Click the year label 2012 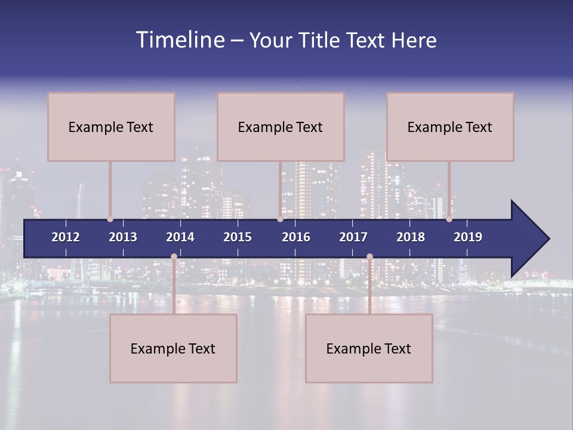66,237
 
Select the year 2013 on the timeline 123,237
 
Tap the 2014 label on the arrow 180,237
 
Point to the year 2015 238,237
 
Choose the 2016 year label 296,237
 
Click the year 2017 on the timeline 353,237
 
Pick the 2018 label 411,237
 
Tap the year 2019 468,237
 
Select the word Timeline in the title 180,40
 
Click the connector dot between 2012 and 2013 110,219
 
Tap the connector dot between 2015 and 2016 280,219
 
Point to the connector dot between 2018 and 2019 449,219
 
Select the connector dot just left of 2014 174,256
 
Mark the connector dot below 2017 369,256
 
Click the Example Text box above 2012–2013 111,127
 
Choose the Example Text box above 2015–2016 281,127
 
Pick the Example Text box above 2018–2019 450,127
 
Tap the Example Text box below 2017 369,348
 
